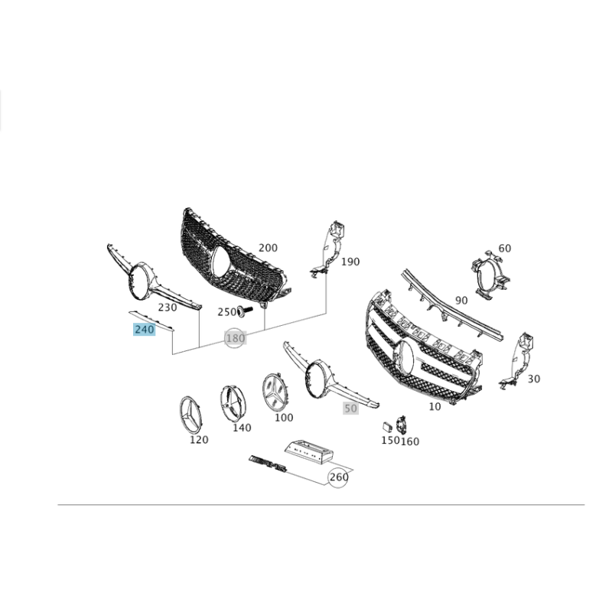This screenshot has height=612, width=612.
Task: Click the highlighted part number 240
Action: click(145, 330)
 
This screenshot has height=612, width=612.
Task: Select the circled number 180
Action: click(236, 338)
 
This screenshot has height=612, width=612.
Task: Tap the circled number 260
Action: click(338, 477)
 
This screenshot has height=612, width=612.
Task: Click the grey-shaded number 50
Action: click(350, 409)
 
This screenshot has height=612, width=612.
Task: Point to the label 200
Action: click(268, 248)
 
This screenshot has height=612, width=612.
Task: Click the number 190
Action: click(350, 262)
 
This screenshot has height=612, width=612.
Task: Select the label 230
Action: click(167, 308)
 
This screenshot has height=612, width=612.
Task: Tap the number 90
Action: click(461, 301)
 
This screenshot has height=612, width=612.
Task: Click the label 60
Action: click(504, 248)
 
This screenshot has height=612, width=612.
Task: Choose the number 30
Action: click(533, 379)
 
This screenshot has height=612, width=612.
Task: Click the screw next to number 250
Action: click(245, 311)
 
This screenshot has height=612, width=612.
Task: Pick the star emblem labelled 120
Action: click(190, 415)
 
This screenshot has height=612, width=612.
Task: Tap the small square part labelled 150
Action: click(387, 426)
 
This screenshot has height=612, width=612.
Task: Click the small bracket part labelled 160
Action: click(402, 425)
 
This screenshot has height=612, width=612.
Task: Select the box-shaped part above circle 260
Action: click(309, 452)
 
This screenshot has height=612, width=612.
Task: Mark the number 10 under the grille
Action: click(435, 407)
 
